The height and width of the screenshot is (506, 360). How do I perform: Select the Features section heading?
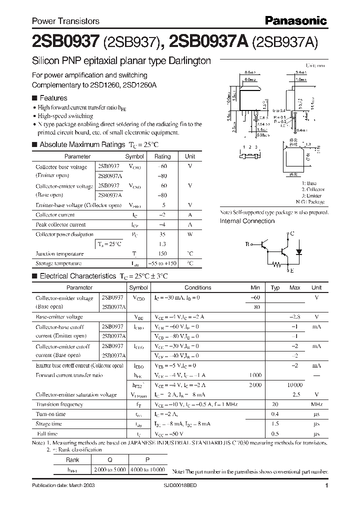pos(53,98)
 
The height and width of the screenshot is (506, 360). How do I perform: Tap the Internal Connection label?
pos(247,221)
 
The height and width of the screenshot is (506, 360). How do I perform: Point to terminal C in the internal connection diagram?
pos(292,233)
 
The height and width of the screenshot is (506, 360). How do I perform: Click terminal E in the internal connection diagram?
pos(292,270)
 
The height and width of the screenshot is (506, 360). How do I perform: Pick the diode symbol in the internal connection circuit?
pos(299,251)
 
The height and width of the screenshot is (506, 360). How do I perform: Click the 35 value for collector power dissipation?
pos(162,234)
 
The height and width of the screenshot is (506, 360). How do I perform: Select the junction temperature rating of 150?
pos(162,253)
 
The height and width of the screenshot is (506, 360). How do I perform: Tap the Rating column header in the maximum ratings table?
pos(162,156)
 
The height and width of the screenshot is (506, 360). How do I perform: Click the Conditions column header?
pos(197,287)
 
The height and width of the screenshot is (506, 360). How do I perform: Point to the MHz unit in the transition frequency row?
pos(316,404)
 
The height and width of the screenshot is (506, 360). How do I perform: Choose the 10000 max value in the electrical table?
pos(294,384)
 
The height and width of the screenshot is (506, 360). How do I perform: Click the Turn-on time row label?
pos(50,414)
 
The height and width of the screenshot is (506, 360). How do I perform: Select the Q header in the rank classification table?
pos(109,460)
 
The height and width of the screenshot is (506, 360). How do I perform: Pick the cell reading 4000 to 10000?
pos(147,470)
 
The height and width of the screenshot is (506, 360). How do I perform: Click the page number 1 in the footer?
pos(326,485)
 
